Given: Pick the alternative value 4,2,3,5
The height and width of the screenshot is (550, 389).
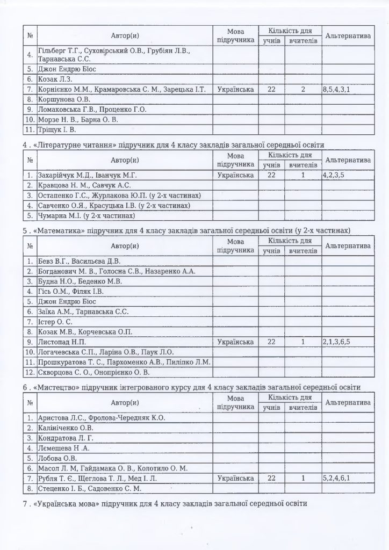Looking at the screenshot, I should click(x=335, y=175).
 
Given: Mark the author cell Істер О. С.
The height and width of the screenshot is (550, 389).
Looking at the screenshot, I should click(x=55, y=322).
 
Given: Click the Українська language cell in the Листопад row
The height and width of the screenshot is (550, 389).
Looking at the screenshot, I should click(x=236, y=342).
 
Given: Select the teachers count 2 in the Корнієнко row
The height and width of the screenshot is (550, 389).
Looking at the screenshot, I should click(x=303, y=90).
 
